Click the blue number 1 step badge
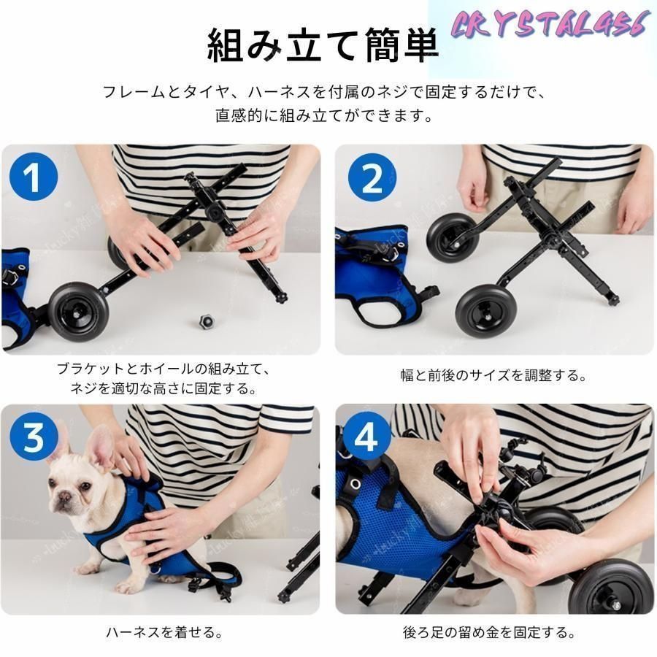pyautogui.click(x=34, y=176)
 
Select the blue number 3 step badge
pyautogui.click(x=34, y=437)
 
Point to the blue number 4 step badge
pyautogui.click(x=366, y=437)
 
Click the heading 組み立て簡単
pyautogui.click(x=323, y=45)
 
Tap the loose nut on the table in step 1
pyautogui.click(x=206, y=321)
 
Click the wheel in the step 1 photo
pyautogui.click(x=78, y=312)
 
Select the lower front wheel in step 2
pyautogui.click(x=486, y=310)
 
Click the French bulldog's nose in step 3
pyautogui.click(x=64, y=496)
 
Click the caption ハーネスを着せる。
pyautogui.click(x=164, y=632)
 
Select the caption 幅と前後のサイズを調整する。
pyautogui.click(x=494, y=375)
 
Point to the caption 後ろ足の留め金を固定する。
pyautogui.click(x=489, y=632)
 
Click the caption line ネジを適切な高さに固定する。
pyautogui.click(x=164, y=388)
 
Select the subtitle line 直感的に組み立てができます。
pyautogui.click(x=325, y=115)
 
